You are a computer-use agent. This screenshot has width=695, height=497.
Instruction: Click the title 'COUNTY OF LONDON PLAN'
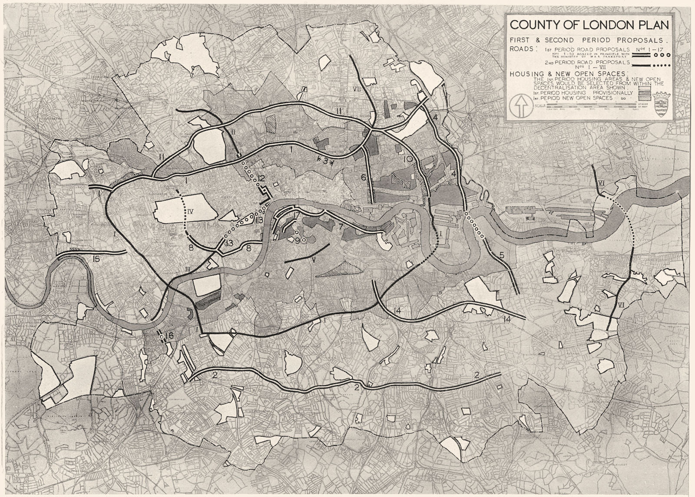coord(589,24)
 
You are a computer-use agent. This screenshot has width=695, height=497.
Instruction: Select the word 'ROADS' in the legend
coord(522,49)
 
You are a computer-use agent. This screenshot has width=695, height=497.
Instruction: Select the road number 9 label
coord(297,240)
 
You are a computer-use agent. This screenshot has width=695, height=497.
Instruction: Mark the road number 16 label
coord(169,336)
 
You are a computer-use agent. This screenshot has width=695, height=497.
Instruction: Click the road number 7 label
coord(341,226)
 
